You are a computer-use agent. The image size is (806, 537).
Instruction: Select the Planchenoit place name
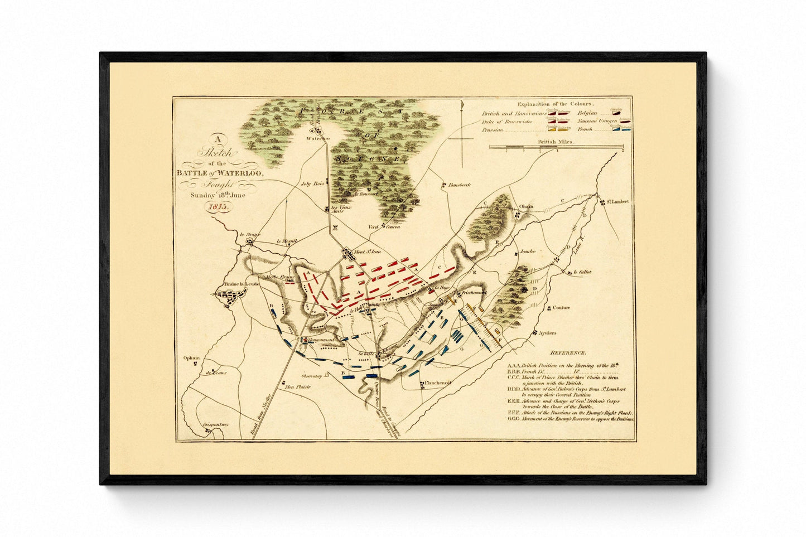[x=438, y=383]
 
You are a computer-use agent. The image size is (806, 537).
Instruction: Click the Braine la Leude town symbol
[x=230, y=299]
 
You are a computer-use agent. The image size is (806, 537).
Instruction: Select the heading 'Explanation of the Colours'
[x=556, y=104]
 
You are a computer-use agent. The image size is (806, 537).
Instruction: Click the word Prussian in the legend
[x=493, y=130]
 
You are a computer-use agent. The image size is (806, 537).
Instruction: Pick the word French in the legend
[x=585, y=129]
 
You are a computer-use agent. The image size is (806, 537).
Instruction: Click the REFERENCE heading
[x=567, y=354]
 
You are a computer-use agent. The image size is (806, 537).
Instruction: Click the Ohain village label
[x=526, y=206]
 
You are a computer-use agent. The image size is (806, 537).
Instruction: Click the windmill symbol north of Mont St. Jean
[x=335, y=227]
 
